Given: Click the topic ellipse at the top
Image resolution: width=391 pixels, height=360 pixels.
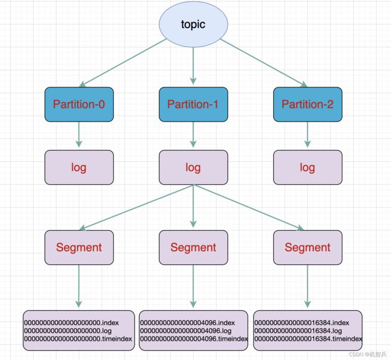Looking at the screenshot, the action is click(193, 24).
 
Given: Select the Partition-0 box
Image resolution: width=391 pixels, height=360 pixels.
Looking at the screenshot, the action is click(79, 104).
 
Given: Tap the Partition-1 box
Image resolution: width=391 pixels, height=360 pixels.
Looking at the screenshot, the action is click(193, 104).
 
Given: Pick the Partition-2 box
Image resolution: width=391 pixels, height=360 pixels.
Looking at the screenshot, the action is click(308, 104).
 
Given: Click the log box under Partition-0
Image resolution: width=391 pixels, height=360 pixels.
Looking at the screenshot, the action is click(79, 167).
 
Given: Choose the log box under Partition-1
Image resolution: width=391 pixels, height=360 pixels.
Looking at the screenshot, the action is click(193, 167).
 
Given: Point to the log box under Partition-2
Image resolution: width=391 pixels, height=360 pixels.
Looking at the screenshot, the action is click(308, 167).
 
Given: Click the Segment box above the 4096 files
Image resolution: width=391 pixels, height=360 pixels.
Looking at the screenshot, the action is click(193, 247).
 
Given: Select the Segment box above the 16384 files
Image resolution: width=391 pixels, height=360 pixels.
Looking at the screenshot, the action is click(308, 247).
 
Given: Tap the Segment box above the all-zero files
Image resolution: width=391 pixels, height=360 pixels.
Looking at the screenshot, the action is click(79, 247).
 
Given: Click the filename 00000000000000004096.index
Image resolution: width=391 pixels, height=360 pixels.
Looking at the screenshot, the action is click(187, 323).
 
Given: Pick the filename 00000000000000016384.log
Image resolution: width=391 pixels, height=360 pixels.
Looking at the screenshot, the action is click(298, 331).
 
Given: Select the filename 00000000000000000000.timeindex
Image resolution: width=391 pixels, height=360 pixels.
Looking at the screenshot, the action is click(78, 339).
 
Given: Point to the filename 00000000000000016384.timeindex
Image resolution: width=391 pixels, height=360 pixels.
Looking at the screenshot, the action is click(308, 339).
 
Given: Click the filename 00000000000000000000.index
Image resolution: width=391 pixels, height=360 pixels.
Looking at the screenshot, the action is click(72, 323).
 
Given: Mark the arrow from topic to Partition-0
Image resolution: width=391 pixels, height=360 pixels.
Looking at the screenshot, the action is click(123, 63).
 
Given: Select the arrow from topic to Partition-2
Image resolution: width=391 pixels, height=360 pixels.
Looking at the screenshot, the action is click(264, 63).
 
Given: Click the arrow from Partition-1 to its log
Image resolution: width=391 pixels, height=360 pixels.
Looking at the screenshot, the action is click(193, 134).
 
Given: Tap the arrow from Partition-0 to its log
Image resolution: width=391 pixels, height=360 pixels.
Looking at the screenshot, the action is click(79, 134).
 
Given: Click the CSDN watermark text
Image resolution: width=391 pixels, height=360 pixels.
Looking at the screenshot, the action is click(368, 354).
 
